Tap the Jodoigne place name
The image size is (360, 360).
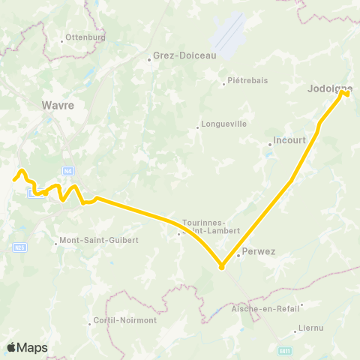pos(328,88)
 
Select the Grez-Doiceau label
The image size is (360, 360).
pos(174,55)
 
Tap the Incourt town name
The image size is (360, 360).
pos(289,139)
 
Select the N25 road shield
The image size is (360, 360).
pos(20,247)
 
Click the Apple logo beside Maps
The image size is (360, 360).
pos(12,347)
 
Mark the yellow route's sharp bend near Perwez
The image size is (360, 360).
pos(222,266)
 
